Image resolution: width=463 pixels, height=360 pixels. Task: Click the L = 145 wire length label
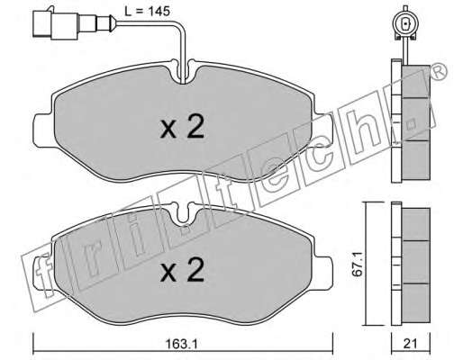coord(148,12)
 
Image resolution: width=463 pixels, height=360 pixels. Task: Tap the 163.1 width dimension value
coord(182,344)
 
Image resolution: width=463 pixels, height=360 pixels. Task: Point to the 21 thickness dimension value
coord(411,344)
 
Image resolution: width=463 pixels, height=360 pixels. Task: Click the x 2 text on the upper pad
coord(182,126)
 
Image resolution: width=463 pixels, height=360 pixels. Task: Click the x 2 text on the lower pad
coord(182,270)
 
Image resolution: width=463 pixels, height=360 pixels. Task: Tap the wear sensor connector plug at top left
coord(74,24)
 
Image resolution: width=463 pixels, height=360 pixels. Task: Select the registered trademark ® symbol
coord(438,72)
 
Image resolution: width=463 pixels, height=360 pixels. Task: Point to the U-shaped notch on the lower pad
coord(183,214)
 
